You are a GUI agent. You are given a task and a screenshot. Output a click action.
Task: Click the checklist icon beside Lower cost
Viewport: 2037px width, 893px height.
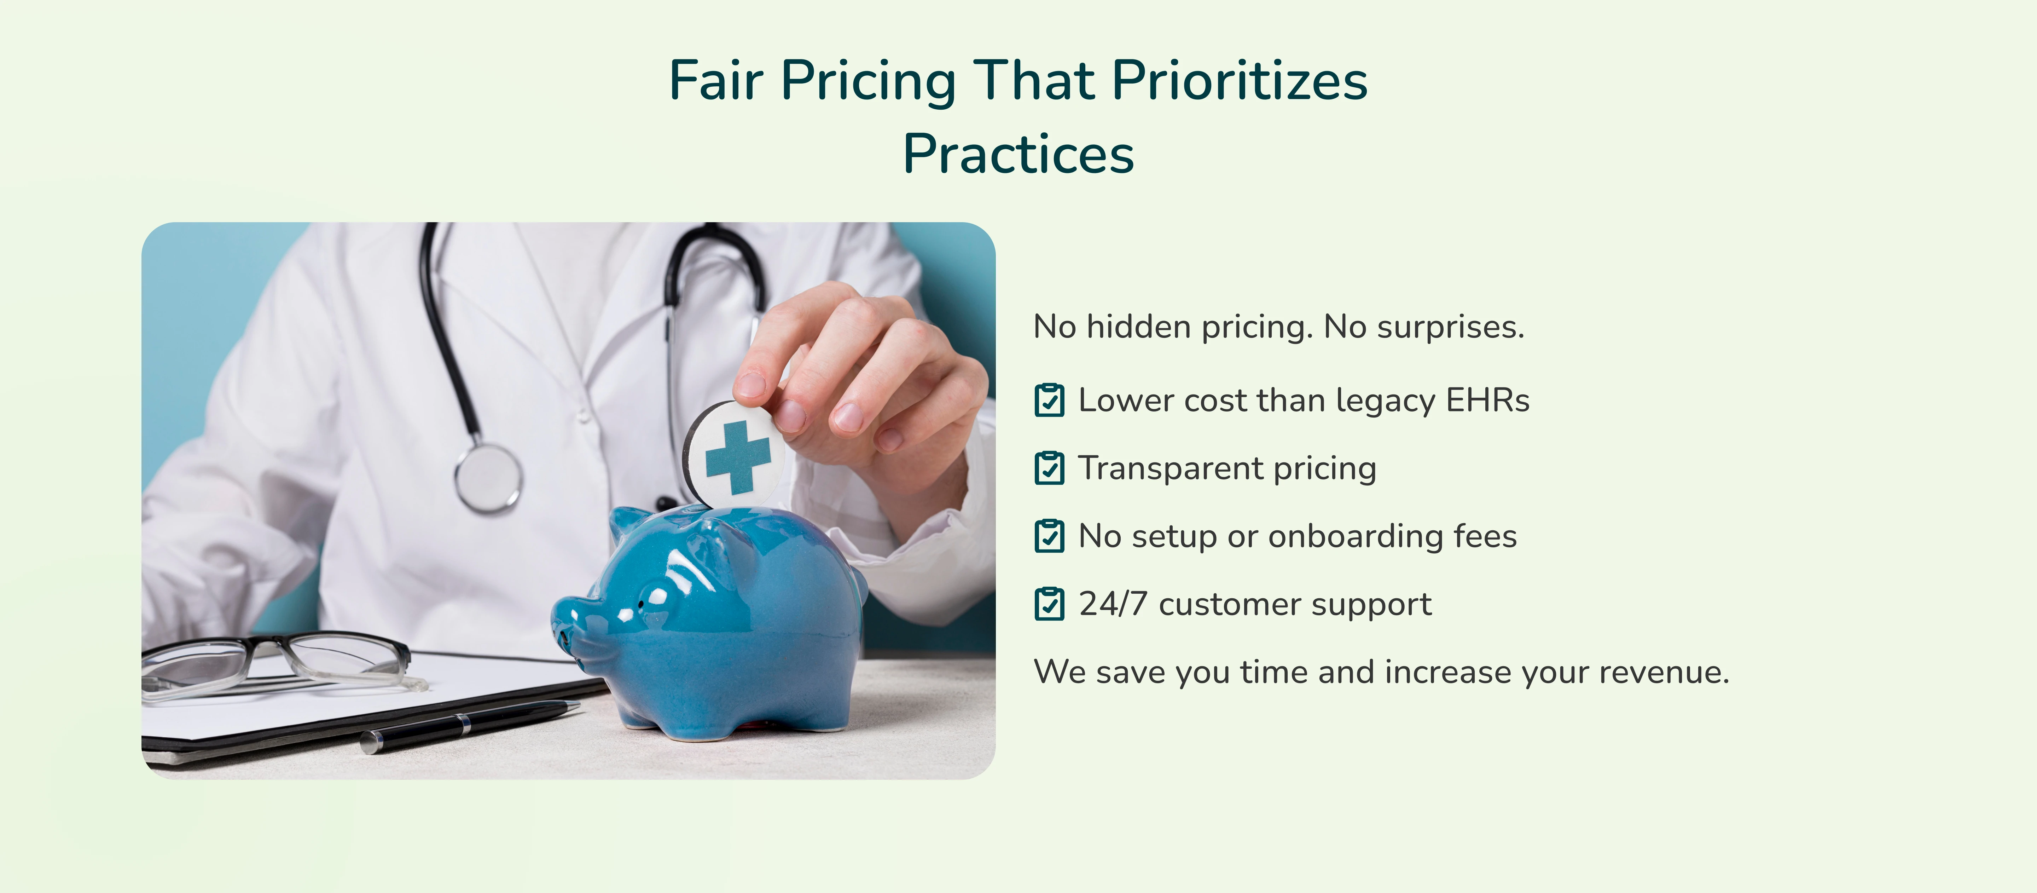(1049, 400)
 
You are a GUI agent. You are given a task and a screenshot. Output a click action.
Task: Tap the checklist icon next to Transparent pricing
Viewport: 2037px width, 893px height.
(1049, 468)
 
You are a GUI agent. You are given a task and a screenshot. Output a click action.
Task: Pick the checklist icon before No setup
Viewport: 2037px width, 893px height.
(1049, 536)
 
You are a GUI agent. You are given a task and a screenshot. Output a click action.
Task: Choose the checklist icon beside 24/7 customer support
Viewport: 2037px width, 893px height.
(1049, 604)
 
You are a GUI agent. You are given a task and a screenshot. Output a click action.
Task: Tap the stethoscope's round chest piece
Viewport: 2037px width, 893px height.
(488, 478)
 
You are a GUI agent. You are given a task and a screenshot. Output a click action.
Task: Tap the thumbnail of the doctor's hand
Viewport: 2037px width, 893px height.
(750, 385)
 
